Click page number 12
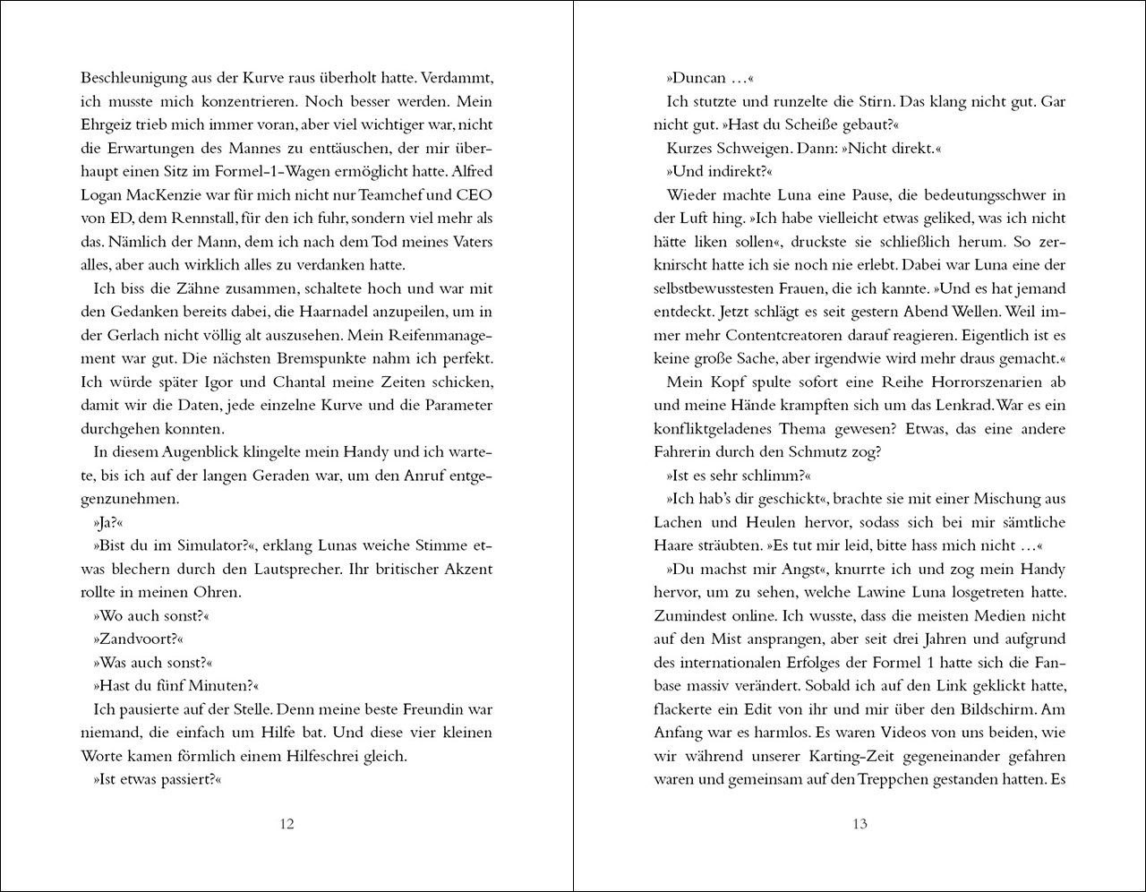(286, 824)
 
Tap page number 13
(859, 824)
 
